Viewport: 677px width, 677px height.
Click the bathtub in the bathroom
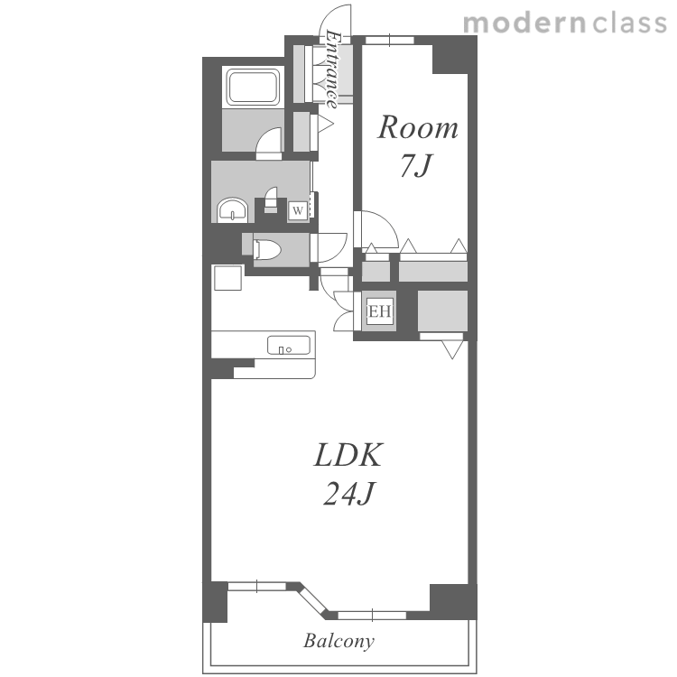(253, 88)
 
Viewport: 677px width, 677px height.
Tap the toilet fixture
(266, 250)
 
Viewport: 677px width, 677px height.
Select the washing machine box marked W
(298, 211)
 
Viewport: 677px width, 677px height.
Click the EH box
(380, 311)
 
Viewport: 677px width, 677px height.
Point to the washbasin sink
(233, 209)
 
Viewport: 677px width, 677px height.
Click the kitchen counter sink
(289, 346)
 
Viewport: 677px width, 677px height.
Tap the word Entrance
(332, 70)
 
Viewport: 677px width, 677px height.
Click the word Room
(418, 127)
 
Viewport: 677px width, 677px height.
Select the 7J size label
(416, 165)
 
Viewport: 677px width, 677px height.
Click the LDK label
(348, 455)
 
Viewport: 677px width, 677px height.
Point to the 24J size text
(348, 493)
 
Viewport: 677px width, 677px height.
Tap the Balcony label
(338, 641)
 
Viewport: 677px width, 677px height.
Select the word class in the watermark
(630, 23)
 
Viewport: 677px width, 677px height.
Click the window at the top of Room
(390, 40)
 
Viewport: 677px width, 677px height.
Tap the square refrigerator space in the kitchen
(228, 278)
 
